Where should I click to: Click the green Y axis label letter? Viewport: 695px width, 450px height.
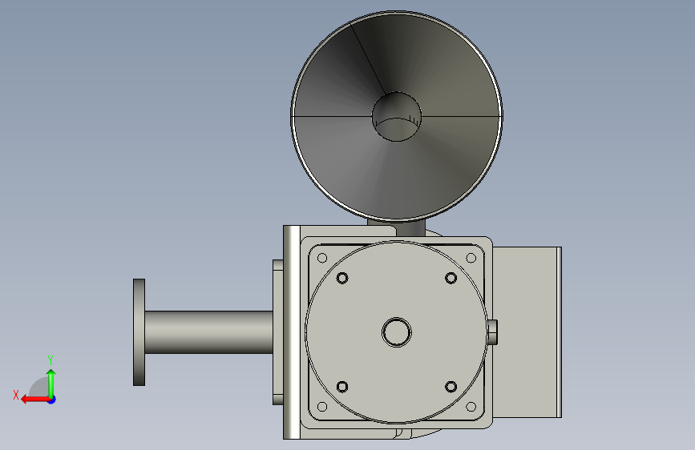[51, 360]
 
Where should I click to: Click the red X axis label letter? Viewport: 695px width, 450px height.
[16, 395]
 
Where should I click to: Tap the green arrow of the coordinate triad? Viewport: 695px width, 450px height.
[51, 383]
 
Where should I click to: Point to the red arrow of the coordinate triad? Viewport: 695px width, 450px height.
[35, 400]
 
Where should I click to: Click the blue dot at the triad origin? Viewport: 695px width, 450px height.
[52, 400]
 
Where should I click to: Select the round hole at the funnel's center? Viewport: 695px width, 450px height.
[397, 117]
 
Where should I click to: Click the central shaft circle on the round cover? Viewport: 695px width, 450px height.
[397, 332]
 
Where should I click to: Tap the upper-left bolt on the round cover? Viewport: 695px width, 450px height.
[342, 278]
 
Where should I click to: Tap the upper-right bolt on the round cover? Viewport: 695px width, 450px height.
[451, 278]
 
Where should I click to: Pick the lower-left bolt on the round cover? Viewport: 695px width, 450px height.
[342, 387]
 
